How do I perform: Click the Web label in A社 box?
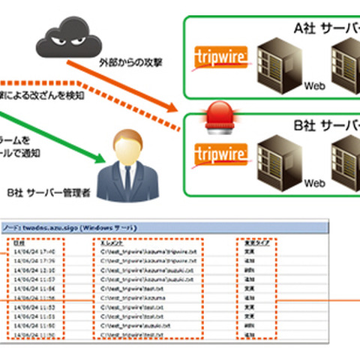(x=313, y=87)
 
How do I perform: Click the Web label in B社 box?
(x=313, y=182)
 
